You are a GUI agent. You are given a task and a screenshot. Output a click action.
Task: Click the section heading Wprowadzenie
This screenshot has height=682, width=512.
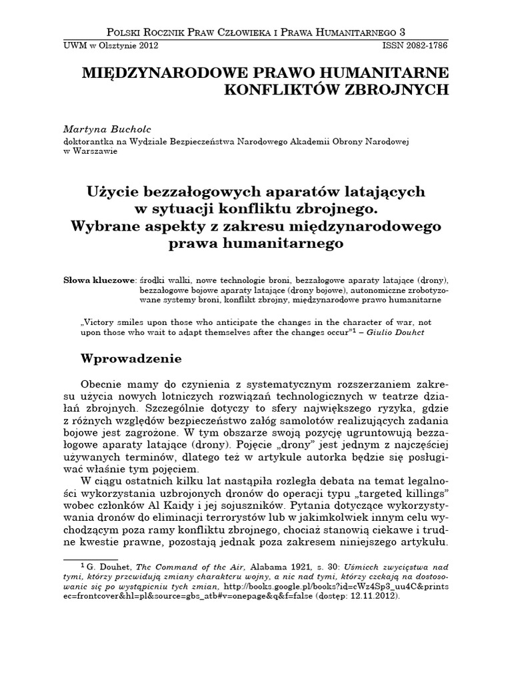point(131,358)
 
